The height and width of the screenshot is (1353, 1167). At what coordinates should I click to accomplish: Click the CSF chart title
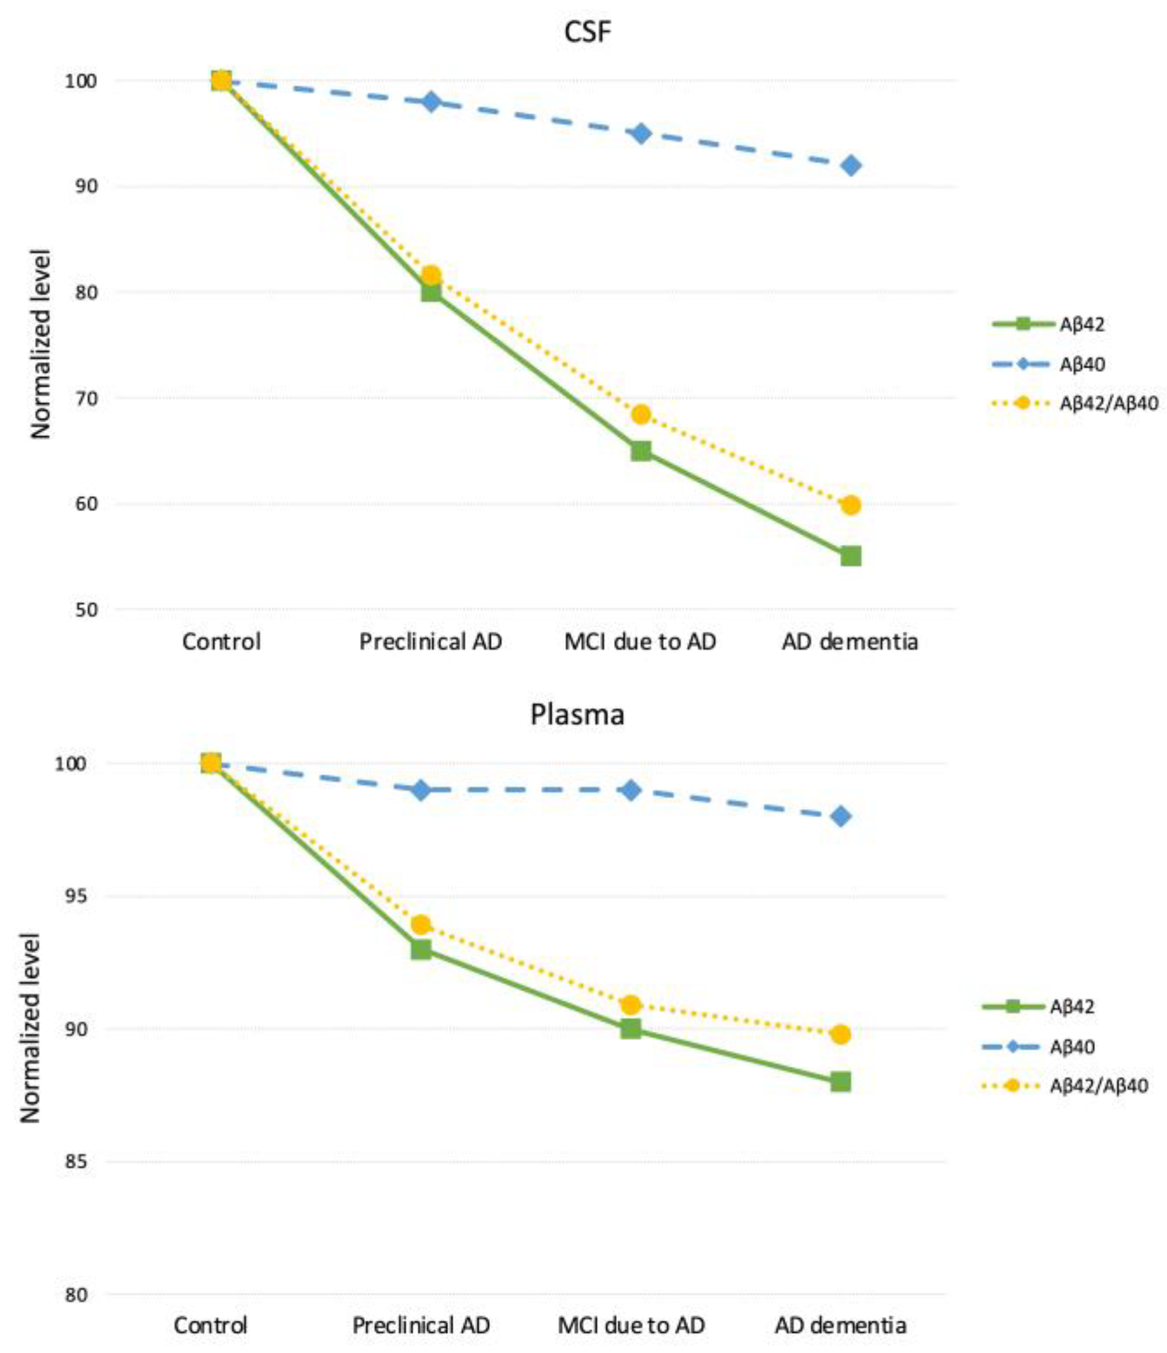(x=587, y=31)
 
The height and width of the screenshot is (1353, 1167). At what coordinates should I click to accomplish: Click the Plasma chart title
(x=577, y=714)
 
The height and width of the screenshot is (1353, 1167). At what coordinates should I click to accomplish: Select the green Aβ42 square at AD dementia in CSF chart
(x=850, y=556)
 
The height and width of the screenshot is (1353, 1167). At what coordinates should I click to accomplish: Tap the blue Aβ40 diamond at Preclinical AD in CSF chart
(x=431, y=102)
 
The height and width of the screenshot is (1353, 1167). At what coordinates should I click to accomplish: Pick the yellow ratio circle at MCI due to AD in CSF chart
(x=641, y=414)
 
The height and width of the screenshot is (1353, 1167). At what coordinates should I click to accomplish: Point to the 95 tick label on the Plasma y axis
(x=76, y=896)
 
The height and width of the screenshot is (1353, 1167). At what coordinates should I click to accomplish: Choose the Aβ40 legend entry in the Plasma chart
(x=1071, y=1046)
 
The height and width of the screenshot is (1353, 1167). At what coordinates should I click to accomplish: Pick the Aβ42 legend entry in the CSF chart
(x=1081, y=324)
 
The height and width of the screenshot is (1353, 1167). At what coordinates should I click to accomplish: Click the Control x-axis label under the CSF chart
(x=221, y=642)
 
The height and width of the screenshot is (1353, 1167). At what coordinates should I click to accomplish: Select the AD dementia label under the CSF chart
(x=850, y=642)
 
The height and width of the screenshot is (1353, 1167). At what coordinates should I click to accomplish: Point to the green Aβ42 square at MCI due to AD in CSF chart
(x=641, y=451)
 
